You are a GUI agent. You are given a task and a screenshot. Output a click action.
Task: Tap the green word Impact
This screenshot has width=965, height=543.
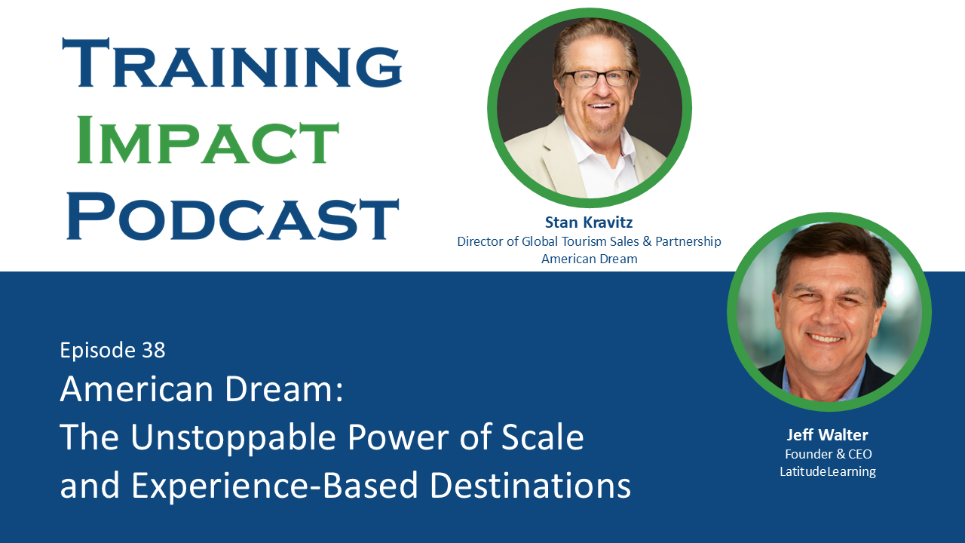click(208, 141)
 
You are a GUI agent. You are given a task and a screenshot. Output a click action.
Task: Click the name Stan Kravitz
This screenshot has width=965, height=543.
click(589, 222)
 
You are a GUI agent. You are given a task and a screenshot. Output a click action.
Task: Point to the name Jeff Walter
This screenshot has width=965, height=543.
click(828, 435)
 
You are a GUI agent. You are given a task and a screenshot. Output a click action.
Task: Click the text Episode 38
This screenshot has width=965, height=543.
click(112, 350)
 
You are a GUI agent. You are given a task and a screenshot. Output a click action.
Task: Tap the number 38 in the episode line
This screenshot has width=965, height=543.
click(152, 350)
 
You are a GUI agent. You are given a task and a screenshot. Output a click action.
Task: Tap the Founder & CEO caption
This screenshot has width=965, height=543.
click(828, 454)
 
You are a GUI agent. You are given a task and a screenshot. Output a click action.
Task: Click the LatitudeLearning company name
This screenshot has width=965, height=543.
click(828, 472)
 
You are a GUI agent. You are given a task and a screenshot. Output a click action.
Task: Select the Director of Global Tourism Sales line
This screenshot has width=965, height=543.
click(589, 241)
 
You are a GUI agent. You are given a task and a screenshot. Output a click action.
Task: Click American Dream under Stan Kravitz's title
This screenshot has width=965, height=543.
click(589, 259)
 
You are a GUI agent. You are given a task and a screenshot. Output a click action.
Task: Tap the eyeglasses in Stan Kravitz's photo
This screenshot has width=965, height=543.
click(597, 78)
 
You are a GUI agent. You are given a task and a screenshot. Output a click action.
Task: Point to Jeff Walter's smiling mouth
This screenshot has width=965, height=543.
click(826, 338)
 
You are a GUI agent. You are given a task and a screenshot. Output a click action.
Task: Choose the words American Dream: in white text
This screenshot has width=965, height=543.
click(201, 390)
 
